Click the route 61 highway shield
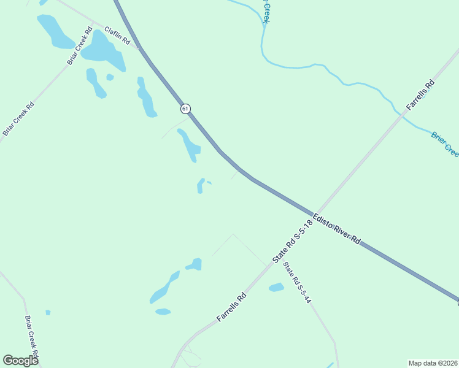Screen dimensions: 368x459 point(185,109)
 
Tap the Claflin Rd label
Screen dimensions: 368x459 point(117,36)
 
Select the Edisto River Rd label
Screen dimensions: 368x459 point(336,229)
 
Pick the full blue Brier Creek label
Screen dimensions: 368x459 point(444,144)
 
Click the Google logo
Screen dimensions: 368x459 point(20,360)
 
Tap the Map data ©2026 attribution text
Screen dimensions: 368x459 point(433,362)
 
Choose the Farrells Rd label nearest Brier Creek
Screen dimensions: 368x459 point(420,95)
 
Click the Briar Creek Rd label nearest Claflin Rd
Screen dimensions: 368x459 point(79,47)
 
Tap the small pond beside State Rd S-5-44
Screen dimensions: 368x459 point(276,286)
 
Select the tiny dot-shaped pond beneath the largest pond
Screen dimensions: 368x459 point(110,77)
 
